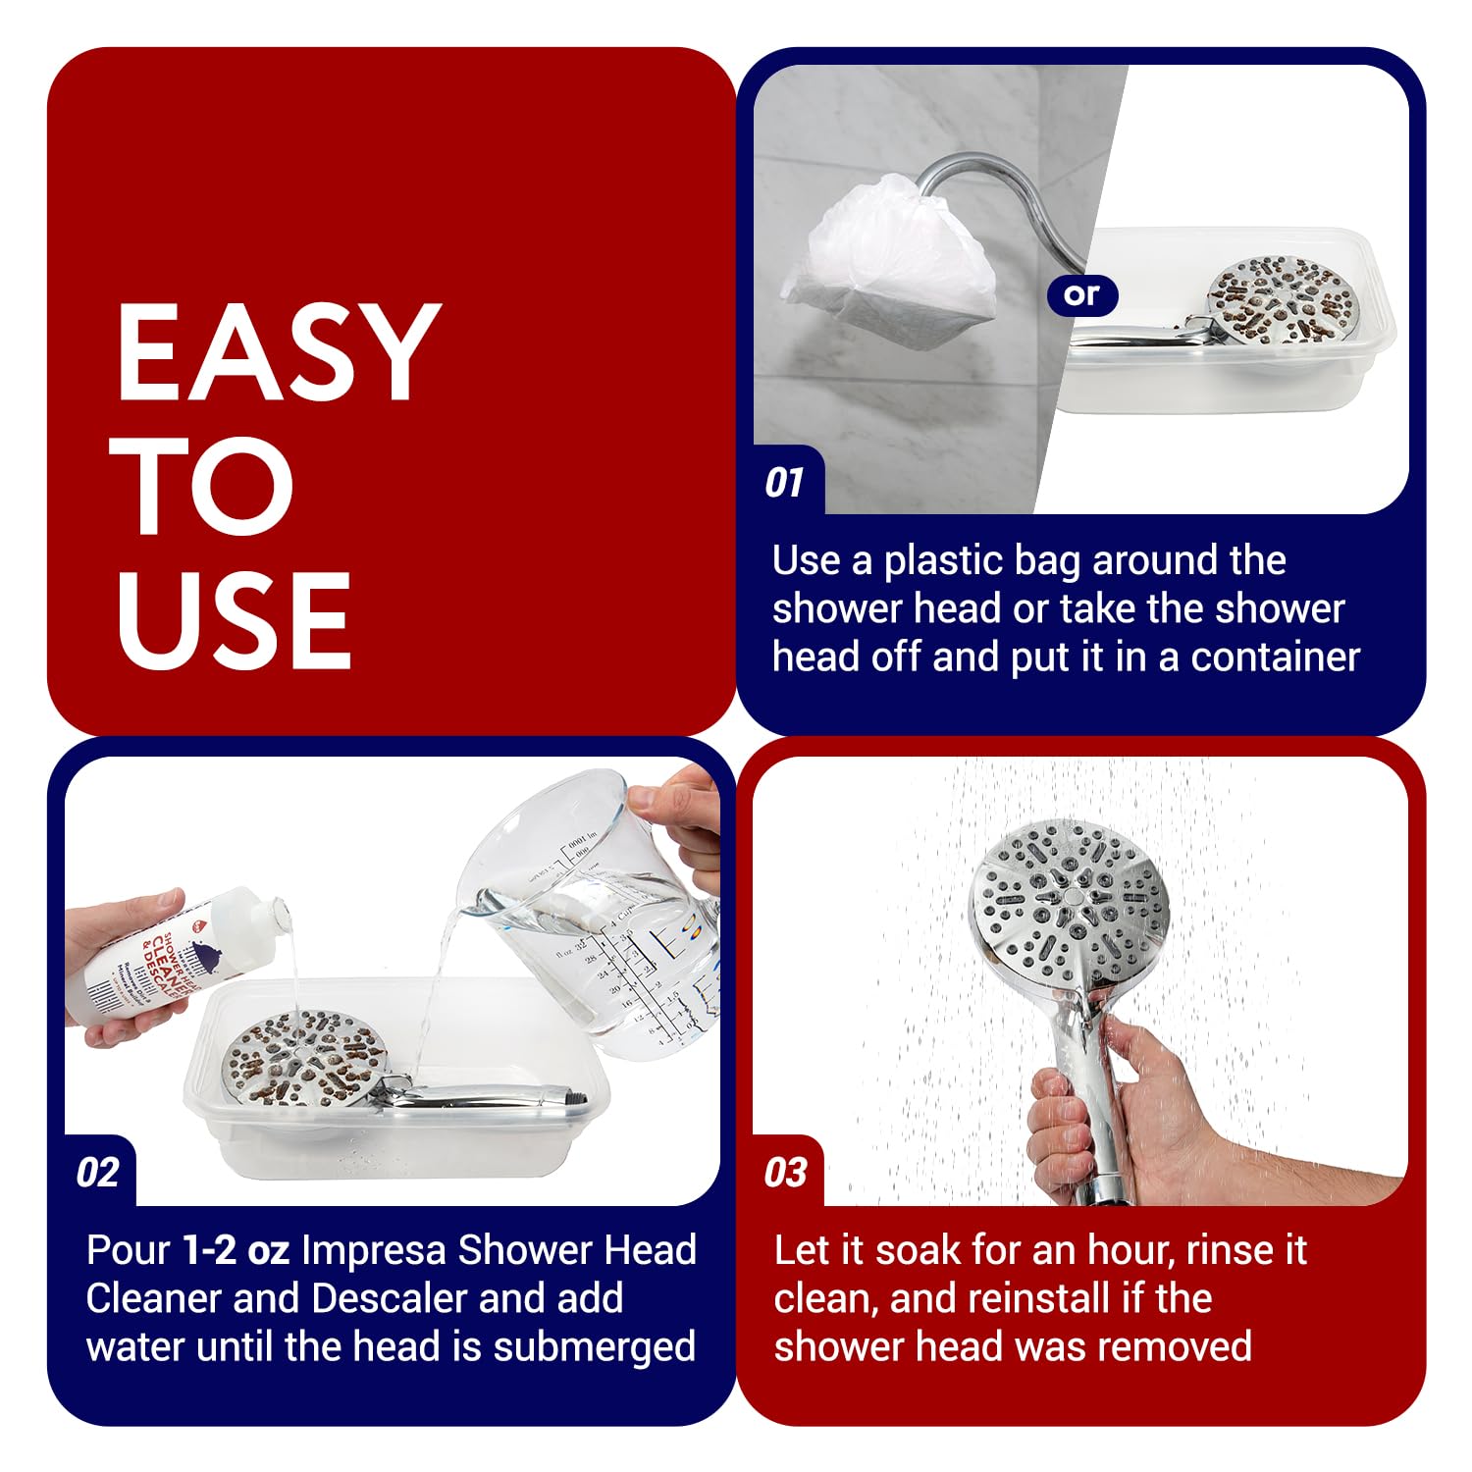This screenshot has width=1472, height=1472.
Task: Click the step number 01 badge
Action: [784, 483]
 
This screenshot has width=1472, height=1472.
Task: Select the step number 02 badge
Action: [97, 1173]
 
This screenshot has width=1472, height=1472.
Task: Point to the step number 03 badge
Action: [785, 1173]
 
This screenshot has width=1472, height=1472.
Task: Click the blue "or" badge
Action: [1081, 294]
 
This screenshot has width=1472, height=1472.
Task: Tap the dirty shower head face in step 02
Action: [304, 1060]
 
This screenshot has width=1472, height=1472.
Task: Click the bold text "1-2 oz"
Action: [236, 1251]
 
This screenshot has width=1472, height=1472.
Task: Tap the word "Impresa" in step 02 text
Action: [373, 1251]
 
